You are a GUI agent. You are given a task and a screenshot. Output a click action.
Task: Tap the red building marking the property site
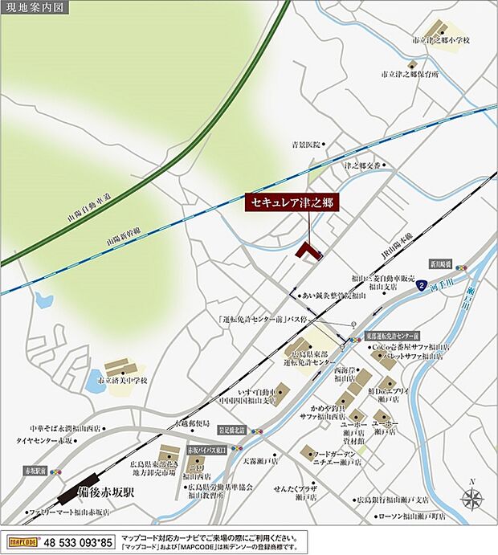coord(307,251)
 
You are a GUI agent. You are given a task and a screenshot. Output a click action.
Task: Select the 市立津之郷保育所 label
coord(411,74)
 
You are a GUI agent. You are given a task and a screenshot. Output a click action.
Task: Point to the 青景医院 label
coord(305,145)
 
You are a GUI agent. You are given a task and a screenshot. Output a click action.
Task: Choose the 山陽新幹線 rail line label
coord(124,240)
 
